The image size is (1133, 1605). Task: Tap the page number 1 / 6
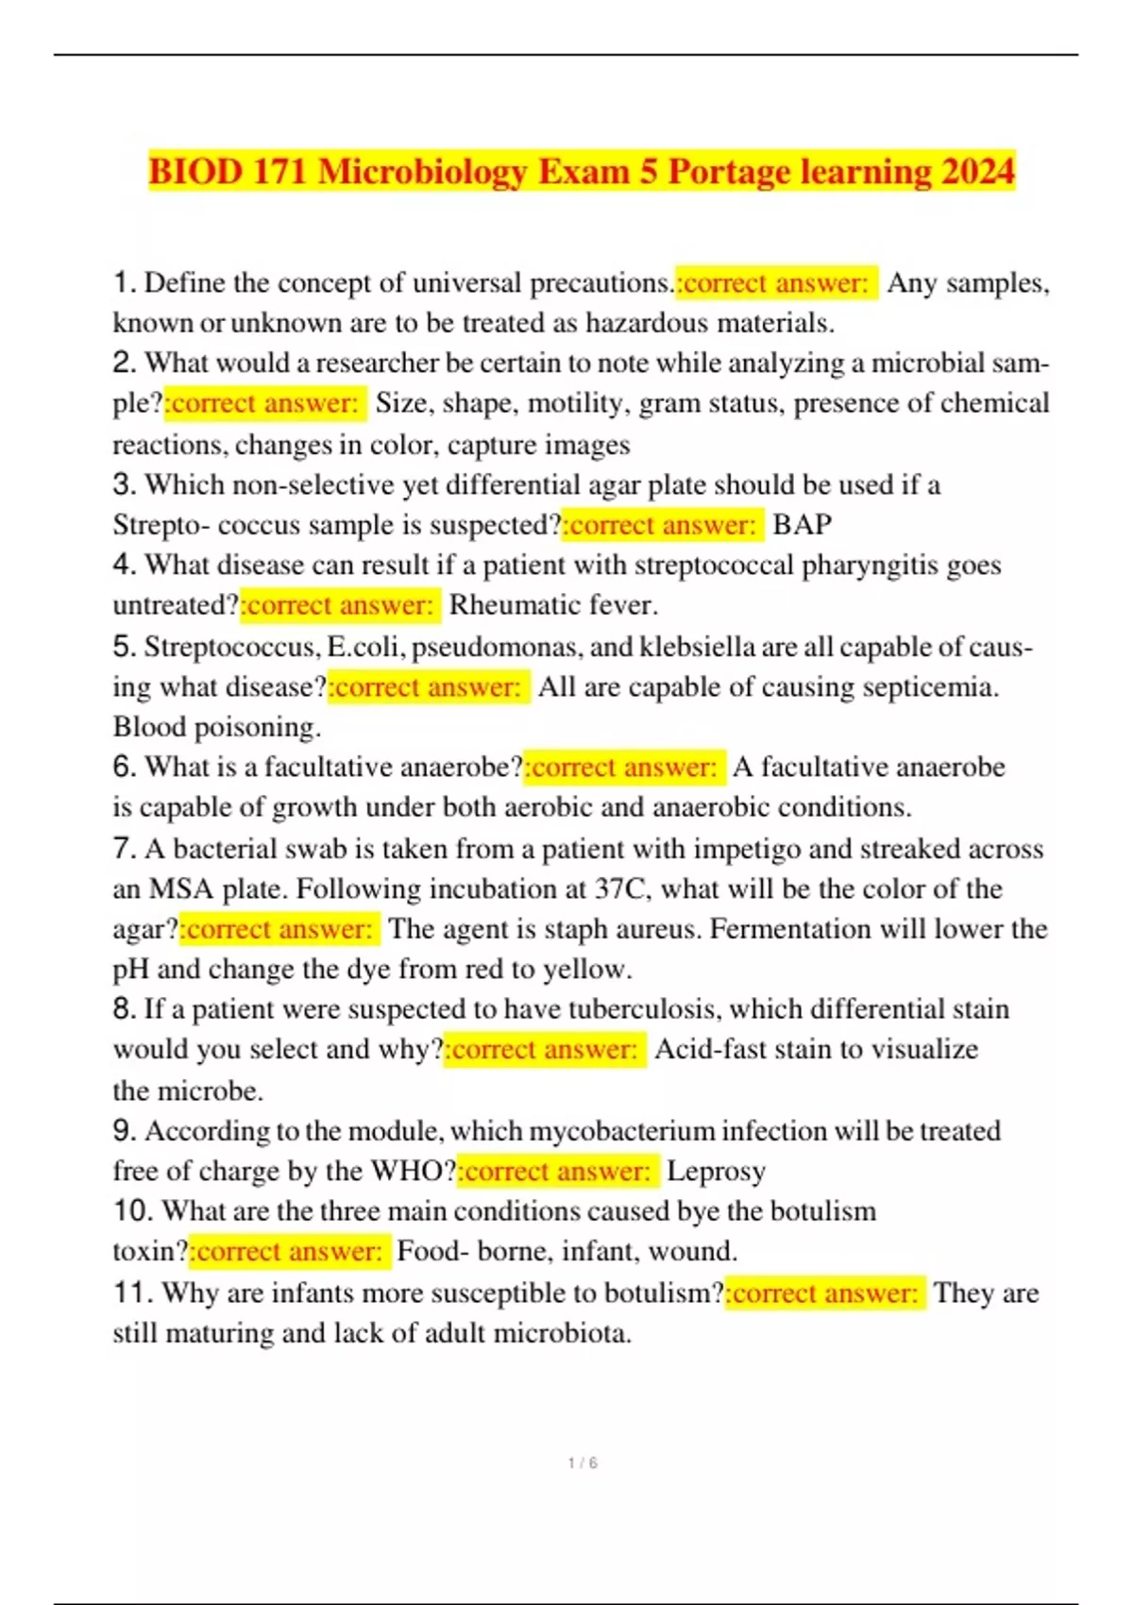click(583, 1462)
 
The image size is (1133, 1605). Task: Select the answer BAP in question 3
click(803, 524)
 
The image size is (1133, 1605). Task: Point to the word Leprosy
click(716, 1171)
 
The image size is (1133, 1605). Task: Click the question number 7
click(125, 848)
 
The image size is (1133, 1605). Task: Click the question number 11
click(132, 1292)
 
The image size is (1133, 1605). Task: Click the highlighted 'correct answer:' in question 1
click(776, 282)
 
